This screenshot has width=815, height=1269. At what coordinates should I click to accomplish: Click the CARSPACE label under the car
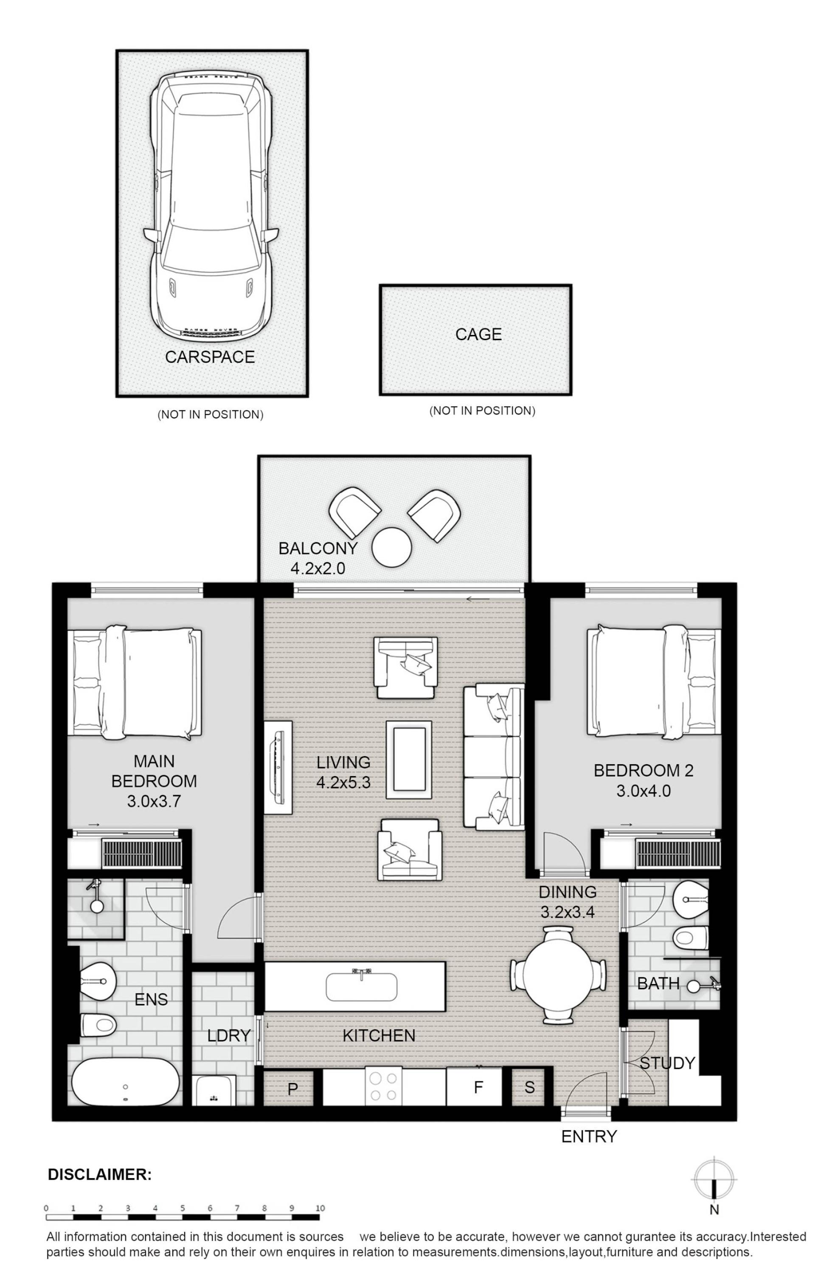210,357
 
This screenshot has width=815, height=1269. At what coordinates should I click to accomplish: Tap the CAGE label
478,334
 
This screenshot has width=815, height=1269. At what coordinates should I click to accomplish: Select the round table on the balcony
392,547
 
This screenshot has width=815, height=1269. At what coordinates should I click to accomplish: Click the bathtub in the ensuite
125,1082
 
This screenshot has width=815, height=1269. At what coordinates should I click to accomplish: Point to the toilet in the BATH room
690,939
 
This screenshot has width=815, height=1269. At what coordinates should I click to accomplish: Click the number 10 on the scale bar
320,1208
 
